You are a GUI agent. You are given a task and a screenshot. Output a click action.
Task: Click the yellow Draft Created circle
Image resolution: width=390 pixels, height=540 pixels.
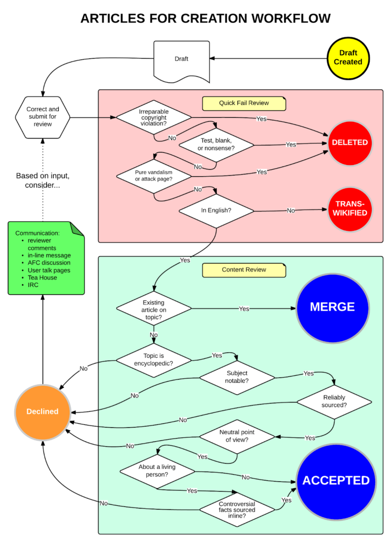(348, 58)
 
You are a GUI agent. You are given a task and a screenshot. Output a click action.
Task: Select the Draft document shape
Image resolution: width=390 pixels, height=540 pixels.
(181, 60)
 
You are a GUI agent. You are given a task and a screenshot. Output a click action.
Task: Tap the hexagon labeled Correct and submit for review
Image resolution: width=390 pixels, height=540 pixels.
(43, 117)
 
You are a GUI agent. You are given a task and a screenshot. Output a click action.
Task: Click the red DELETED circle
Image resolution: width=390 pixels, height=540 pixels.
(350, 143)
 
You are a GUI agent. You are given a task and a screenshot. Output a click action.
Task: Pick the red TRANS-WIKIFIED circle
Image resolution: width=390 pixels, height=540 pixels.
(350, 209)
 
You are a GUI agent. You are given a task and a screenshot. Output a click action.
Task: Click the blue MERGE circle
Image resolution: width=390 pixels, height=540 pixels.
(332, 307)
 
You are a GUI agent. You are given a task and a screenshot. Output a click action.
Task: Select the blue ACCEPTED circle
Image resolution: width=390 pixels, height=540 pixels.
(336, 481)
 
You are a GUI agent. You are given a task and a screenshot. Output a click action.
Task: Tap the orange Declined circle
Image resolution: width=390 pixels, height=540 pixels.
(43, 412)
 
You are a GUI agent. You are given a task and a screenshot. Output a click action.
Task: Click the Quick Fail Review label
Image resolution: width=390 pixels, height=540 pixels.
(244, 103)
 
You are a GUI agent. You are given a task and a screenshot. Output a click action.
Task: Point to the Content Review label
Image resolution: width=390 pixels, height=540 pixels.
(244, 269)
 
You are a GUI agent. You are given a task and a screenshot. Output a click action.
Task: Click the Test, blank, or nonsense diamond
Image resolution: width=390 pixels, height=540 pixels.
(216, 145)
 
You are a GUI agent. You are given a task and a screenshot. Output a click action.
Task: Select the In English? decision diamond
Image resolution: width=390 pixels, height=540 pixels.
(216, 210)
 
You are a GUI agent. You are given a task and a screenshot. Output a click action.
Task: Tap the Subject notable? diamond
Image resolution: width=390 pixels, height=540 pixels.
(237, 377)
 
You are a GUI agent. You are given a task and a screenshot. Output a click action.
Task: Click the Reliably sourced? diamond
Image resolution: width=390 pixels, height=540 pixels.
(334, 401)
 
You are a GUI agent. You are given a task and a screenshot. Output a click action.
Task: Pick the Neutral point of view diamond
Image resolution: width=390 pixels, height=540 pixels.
(237, 436)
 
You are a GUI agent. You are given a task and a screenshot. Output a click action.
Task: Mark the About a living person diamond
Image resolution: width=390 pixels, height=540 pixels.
(157, 470)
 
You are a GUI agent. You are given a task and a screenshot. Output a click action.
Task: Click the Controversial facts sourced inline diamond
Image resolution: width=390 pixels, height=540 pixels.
(237, 508)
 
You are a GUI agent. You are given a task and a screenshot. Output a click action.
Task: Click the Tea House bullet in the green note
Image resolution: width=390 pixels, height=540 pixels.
(43, 278)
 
